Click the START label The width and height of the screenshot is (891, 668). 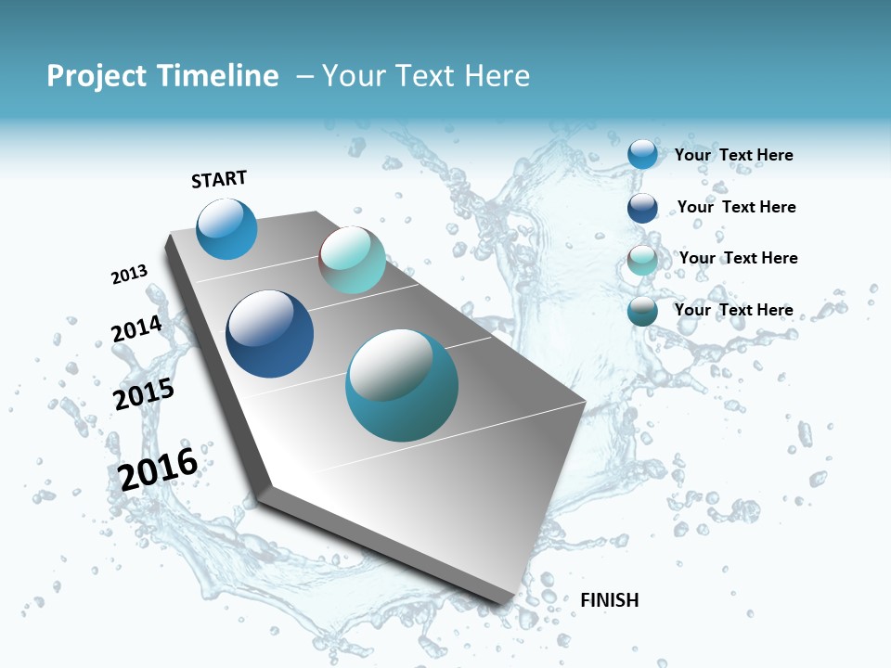pyautogui.click(x=219, y=179)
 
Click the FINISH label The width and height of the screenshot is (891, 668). pyautogui.click(x=609, y=600)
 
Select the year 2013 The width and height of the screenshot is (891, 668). pyautogui.click(x=129, y=275)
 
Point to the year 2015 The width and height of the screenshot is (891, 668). pyautogui.click(x=144, y=394)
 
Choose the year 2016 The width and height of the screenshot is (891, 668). pyautogui.click(x=158, y=469)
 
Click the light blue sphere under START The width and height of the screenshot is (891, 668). pyautogui.click(x=226, y=229)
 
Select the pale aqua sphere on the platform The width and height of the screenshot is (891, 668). pyautogui.click(x=352, y=260)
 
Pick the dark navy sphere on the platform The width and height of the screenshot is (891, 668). pyautogui.click(x=270, y=334)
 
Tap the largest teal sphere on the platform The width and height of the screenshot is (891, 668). pyautogui.click(x=402, y=385)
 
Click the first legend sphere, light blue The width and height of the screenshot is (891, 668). pyautogui.click(x=642, y=154)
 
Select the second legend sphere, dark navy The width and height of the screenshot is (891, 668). pyautogui.click(x=642, y=207)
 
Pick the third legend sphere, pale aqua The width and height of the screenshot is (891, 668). pyautogui.click(x=642, y=260)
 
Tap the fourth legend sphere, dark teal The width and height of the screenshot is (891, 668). pyautogui.click(x=642, y=311)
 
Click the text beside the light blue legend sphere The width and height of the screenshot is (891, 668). pyautogui.click(x=733, y=155)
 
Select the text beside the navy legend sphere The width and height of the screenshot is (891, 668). pyautogui.click(x=736, y=207)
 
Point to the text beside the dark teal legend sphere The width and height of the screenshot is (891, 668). pyautogui.click(x=733, y=310)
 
